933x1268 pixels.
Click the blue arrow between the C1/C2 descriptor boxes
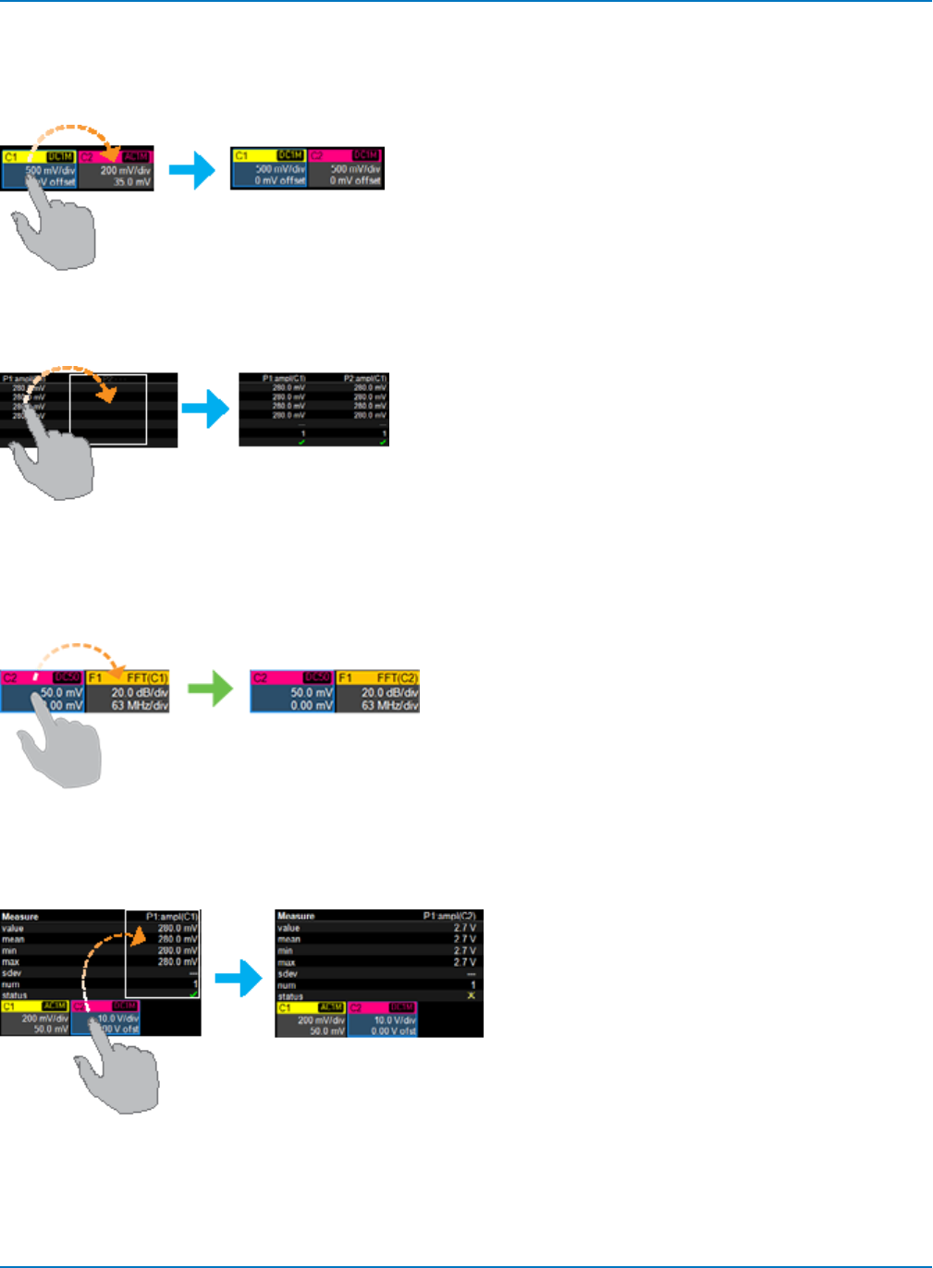[x=192, y=170]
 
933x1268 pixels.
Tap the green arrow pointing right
[x=212, y=689]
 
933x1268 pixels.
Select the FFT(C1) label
[x=147, y=678]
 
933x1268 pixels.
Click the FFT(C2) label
[x=397, y=678]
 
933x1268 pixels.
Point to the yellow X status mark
[x=471, y=996]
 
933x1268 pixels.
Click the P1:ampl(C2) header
[x=449, y=916]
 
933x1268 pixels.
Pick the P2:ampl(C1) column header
[x=365, y=378]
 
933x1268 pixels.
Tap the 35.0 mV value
[x=131, y=182]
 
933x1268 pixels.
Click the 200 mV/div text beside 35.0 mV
[x=125, y=170]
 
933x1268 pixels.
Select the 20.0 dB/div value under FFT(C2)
[x=389, y=692]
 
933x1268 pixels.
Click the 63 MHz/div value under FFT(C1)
[x=140, y=705]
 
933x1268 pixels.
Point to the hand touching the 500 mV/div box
[x=55, y=231]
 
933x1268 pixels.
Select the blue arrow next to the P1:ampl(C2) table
[x=239, y=977]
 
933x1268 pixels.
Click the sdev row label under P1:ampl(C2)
[x=288, y=974]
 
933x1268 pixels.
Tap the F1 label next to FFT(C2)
[x=345, y=678]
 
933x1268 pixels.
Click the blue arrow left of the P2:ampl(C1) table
[x=205, y=408]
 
